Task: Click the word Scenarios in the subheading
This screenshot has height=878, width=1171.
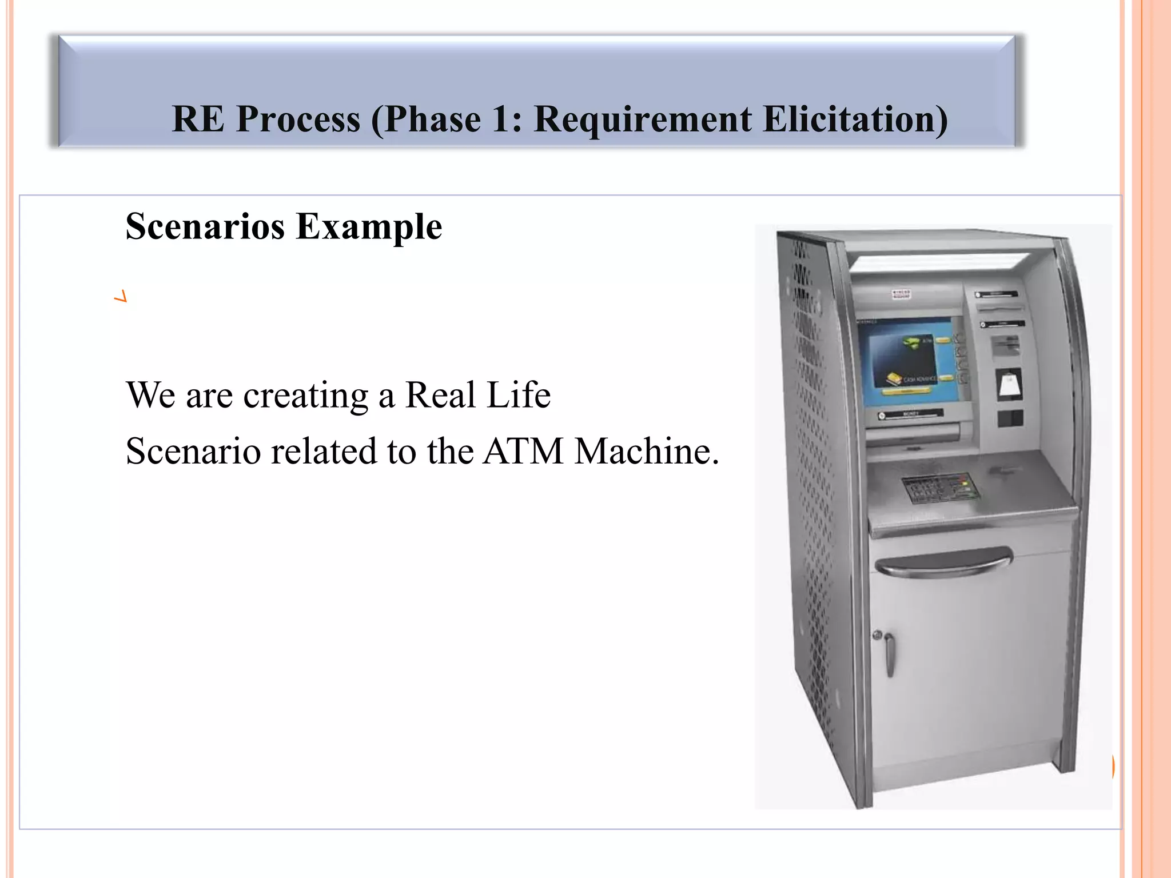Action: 205,226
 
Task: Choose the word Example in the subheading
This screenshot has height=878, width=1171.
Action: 369,228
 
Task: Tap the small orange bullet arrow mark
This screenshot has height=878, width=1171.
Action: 121,297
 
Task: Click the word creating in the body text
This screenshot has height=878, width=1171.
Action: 305,396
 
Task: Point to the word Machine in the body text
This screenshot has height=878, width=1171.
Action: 646,452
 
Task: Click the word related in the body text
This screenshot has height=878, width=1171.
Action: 323,452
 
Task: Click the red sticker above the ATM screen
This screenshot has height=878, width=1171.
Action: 901,295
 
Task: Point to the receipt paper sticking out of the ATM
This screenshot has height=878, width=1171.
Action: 1009,384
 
